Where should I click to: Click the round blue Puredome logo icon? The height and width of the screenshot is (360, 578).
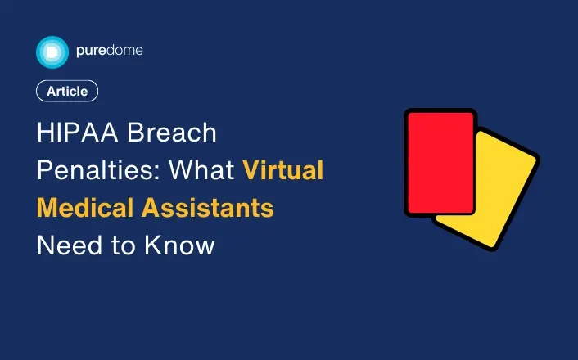(x=52, y=52)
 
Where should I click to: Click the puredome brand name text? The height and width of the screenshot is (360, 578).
(x=110, y=51)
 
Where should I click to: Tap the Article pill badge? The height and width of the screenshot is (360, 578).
(x=67, y=91)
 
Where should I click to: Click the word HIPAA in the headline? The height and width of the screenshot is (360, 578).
(x=78, y=133)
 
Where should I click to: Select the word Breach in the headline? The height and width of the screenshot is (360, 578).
(x=172, y=133)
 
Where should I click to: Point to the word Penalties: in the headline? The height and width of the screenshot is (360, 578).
(x=99, y=170)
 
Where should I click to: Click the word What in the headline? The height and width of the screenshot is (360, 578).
(x=201, y=170)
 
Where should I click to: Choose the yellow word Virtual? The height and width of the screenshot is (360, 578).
(x=282, y=170)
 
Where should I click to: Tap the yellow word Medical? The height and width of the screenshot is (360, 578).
(x=85, y=208)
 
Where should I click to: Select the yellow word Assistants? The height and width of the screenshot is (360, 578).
(x=207, y=208)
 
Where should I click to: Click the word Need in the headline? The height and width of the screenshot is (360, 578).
(x=70, y=245)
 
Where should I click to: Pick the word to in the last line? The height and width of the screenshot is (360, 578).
(x=124, y=246)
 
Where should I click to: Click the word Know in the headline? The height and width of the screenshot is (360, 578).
(x=179, y=245)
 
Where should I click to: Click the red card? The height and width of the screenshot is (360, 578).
(x=440, y=162)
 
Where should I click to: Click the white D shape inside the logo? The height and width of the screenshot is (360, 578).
(x=52, y=52)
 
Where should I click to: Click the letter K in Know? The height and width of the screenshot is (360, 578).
(x=152, y=245)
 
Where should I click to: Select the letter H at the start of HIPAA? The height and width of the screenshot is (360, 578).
(x=44, y=133)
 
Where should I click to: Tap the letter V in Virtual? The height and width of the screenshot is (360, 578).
(x=251, y=170)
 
